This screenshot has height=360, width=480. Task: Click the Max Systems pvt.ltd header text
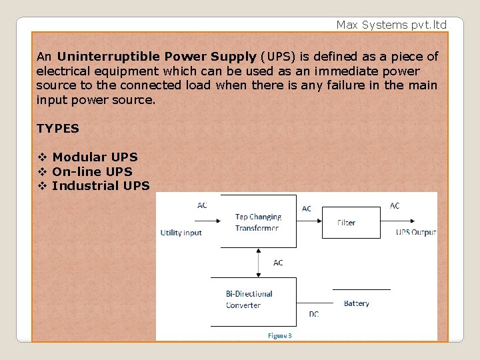coord(391,25)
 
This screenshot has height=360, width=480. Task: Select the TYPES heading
coord(58,128)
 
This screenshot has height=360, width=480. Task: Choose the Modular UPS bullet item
coord(95,157)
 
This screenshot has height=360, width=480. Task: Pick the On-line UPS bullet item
coord(92,171)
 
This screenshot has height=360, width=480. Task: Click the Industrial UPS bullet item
coord(101,185)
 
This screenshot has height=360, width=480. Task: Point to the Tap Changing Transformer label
coord(258,222)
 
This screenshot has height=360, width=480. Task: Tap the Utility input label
coord(181,233)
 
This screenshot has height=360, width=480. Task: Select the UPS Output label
coord(415,232)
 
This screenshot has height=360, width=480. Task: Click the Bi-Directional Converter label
coord(249,299)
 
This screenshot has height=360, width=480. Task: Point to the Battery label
coord(356,303)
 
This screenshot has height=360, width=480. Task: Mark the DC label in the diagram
coord(313,314)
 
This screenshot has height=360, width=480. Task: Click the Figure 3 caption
coord(279,335)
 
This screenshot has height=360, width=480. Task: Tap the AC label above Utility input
coord(202,205)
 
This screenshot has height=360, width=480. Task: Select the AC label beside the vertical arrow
coord(278,263)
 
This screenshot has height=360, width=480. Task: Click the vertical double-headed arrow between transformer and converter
coord(259,263)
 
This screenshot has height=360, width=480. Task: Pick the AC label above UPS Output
coord(395,206)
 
